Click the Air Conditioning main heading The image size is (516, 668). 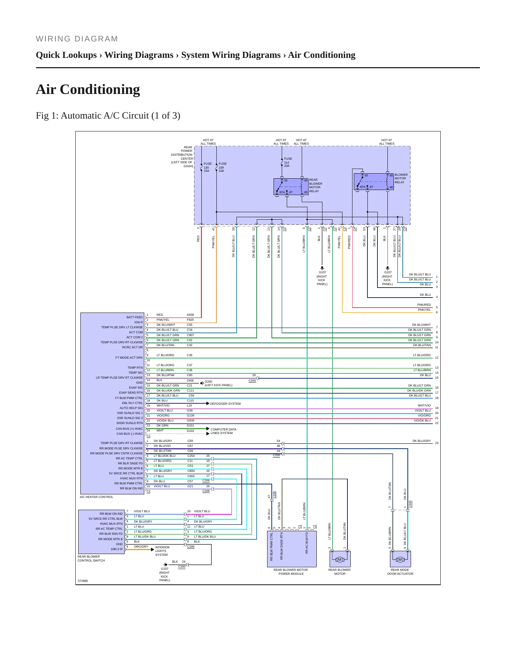88,89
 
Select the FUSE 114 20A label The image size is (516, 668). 288,162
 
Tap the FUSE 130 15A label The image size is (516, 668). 207,167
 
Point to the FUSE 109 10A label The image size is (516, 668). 222,167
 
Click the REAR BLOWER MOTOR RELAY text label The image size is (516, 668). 316,185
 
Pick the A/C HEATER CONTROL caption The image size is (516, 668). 96,497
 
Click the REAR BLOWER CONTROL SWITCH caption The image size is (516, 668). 91,558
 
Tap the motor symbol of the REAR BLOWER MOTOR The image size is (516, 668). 340,559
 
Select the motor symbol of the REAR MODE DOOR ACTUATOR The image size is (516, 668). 400,559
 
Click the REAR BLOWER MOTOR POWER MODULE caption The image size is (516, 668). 291,572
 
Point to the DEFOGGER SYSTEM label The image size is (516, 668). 225,404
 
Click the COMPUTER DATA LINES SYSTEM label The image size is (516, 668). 223,431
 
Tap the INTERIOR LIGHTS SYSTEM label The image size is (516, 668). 162,551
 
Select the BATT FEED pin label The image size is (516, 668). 135,317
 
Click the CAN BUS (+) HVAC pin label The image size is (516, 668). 129,429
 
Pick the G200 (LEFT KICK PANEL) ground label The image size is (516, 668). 219,383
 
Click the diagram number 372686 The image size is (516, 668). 83,581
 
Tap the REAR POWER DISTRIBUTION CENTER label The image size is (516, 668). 182,157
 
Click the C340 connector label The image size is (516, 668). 410,504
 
